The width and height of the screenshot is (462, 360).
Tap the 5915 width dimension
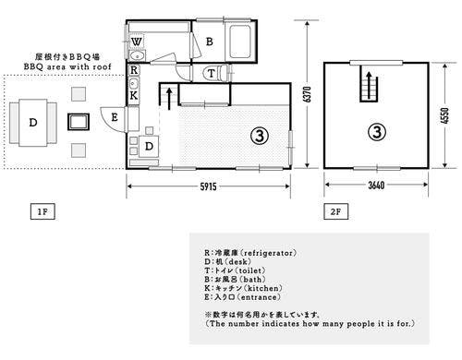[x=209, y=187]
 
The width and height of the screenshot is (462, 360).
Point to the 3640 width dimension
[x=376, y=187]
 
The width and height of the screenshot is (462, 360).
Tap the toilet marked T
[x=212, y=73]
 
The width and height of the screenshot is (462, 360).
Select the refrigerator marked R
[x=134, y=69]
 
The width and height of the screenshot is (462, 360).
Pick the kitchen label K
[x=134, y=94]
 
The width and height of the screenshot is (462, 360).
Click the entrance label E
[x=114, y=116]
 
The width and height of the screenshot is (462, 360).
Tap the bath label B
[x=210, y=42]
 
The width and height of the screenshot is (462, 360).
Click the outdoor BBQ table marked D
[x=33, y=122]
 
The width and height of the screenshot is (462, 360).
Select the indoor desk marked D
[x=148, y=147]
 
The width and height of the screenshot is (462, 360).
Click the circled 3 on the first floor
[x=260, y=135]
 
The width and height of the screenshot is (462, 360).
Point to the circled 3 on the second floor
[x=376, y=130]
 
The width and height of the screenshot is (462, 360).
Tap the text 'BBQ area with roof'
[x=68, y=67]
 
